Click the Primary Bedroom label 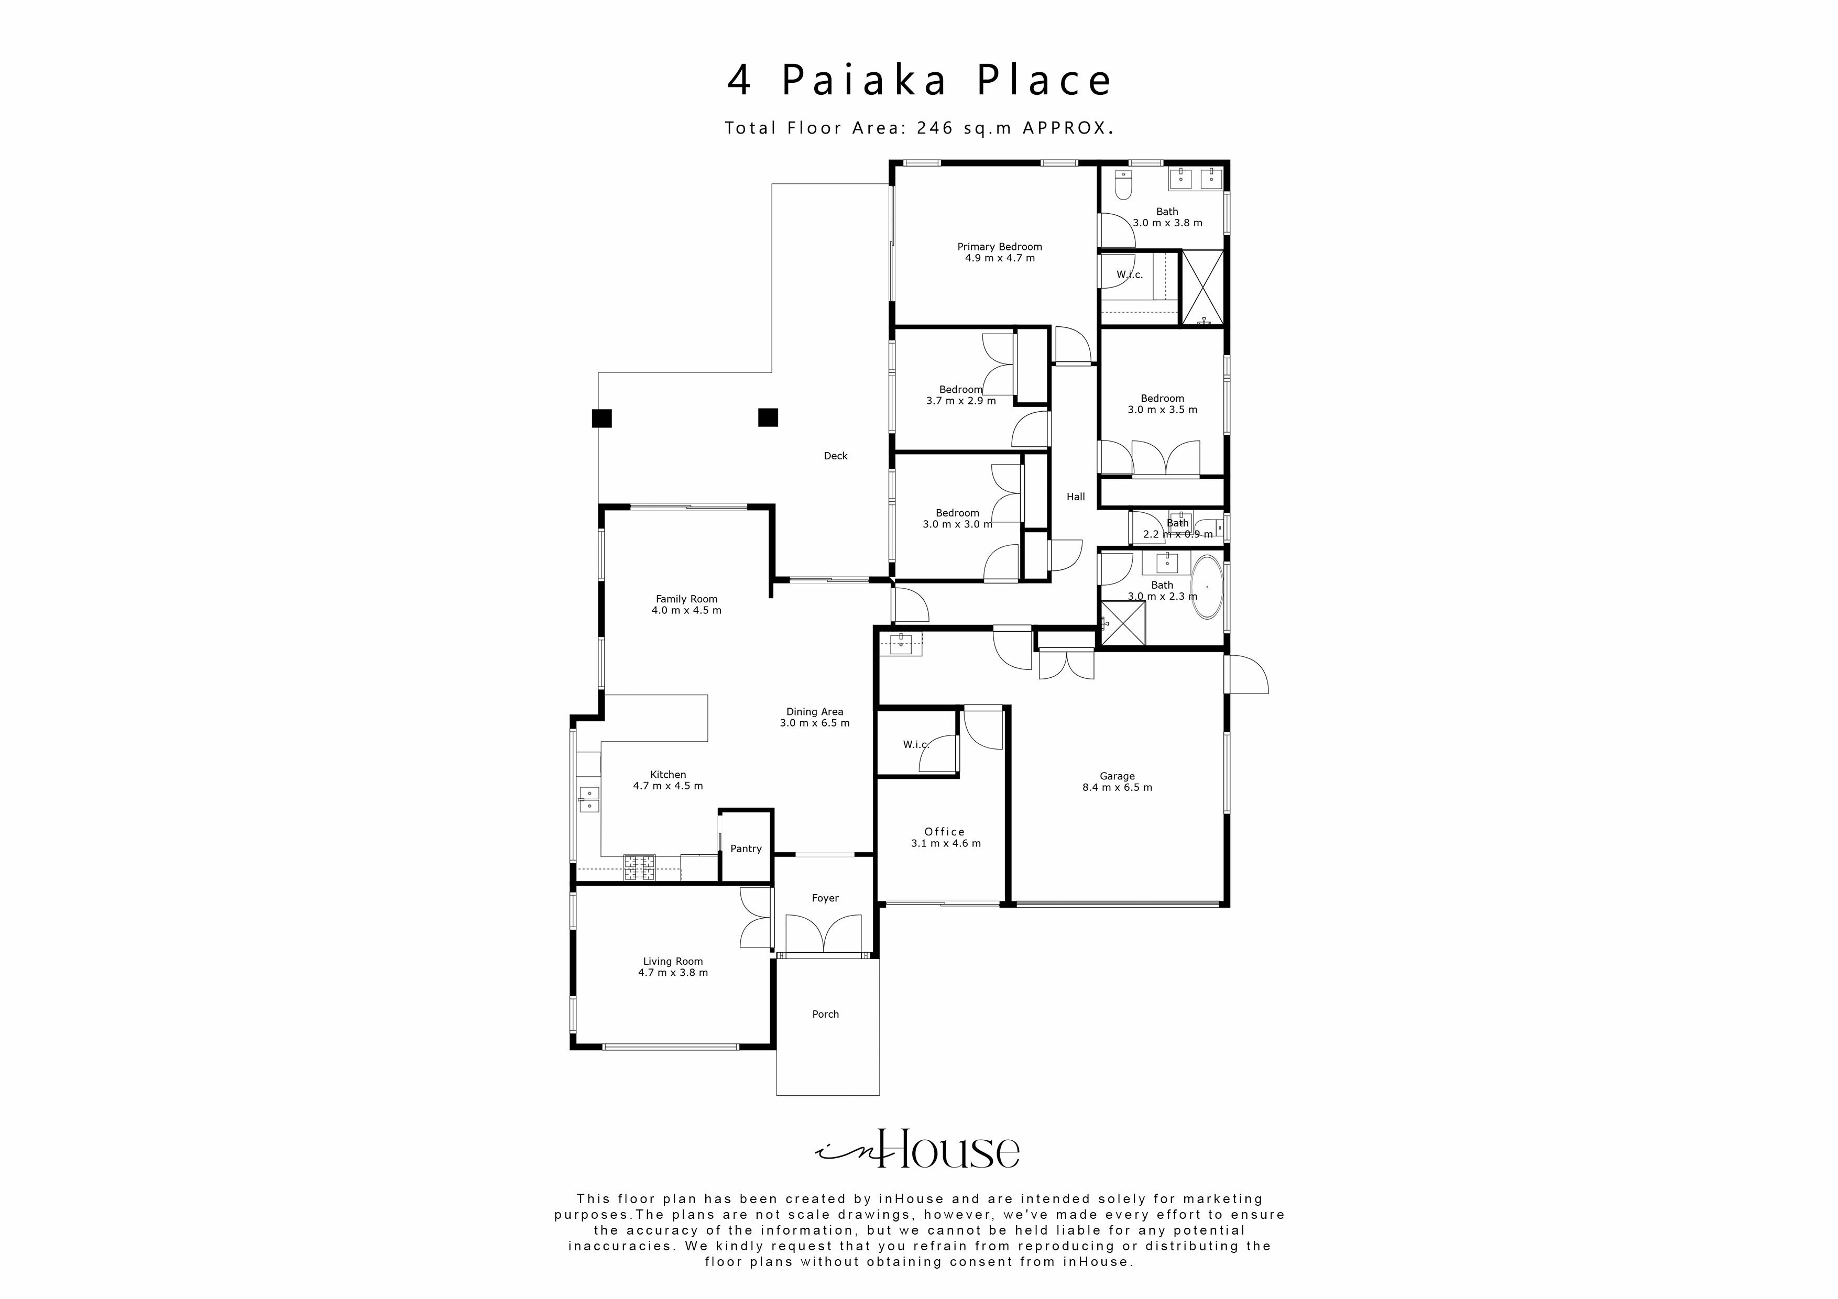[999, 247]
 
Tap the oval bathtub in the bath [1207, 588]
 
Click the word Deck [835, 456]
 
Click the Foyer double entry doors [825, 934]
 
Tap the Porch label [825, 1014]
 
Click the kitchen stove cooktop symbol [640, 867]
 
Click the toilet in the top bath [1123, 185]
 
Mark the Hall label [1075, 497]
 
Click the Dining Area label [814, 711]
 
